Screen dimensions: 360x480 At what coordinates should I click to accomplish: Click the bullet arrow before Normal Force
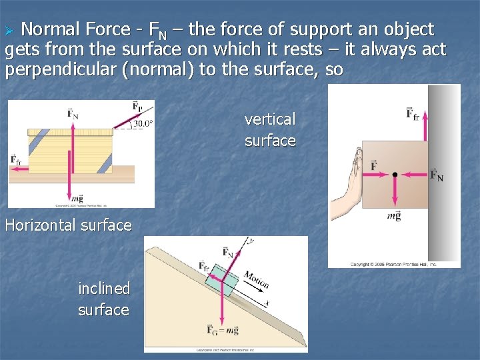click(9, 31)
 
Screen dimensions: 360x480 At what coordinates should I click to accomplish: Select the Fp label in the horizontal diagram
click(137, 107)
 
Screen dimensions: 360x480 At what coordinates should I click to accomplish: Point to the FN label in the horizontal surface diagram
click(73, 113)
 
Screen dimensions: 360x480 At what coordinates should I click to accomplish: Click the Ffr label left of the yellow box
click(15, 159)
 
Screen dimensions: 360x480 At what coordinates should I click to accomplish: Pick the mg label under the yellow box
click(77, 198)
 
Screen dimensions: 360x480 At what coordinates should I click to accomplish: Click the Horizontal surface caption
click(68, 225)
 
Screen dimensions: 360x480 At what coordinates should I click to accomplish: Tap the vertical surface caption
click(270, 130)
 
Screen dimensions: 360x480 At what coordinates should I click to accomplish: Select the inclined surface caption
click(103, 299)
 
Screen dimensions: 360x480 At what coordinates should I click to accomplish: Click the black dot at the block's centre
click(395, 175)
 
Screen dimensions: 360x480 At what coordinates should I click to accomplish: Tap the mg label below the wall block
click(394, 215)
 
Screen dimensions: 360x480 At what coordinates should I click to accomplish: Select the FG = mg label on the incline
click(222, 330)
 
